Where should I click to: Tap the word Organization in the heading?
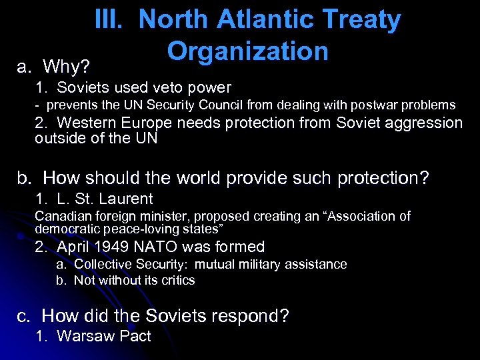pyautogui.click(x=248, y=51)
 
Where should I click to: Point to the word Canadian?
pyautogui.click(x=61, y=216)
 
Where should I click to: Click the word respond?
pyautogui.click(x=255, y=315)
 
